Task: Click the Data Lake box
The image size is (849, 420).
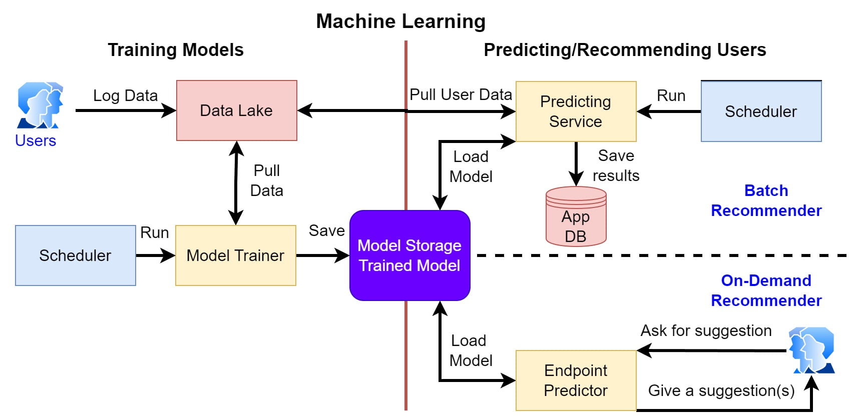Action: [236, 110]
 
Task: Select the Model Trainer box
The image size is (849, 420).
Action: [235, 255]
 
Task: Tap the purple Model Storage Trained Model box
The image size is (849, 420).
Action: [409, 255]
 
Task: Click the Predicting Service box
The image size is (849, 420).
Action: [576, 111]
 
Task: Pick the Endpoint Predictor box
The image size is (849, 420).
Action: [576, 380]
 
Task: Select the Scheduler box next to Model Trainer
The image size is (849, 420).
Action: [75, 255]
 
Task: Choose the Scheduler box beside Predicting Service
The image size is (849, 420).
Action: [761, 111]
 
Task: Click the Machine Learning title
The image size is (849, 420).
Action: [400, 21]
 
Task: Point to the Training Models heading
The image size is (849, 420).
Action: [175, 50]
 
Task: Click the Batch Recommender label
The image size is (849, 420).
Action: [766, 200]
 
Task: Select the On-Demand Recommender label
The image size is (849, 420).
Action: [766, 290]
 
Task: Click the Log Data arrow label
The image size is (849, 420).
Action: [125, 95]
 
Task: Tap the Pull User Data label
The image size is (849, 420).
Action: [461, 94]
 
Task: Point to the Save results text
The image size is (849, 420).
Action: [616, 165]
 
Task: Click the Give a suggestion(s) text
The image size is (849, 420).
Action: [721, 390]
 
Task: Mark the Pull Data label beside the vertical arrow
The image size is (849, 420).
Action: [266, 180]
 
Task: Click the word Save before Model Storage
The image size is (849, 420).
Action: [326, 230]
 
